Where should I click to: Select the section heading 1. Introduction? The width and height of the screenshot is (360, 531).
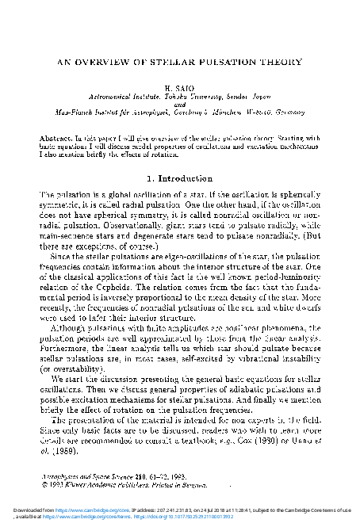coord(180,178)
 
